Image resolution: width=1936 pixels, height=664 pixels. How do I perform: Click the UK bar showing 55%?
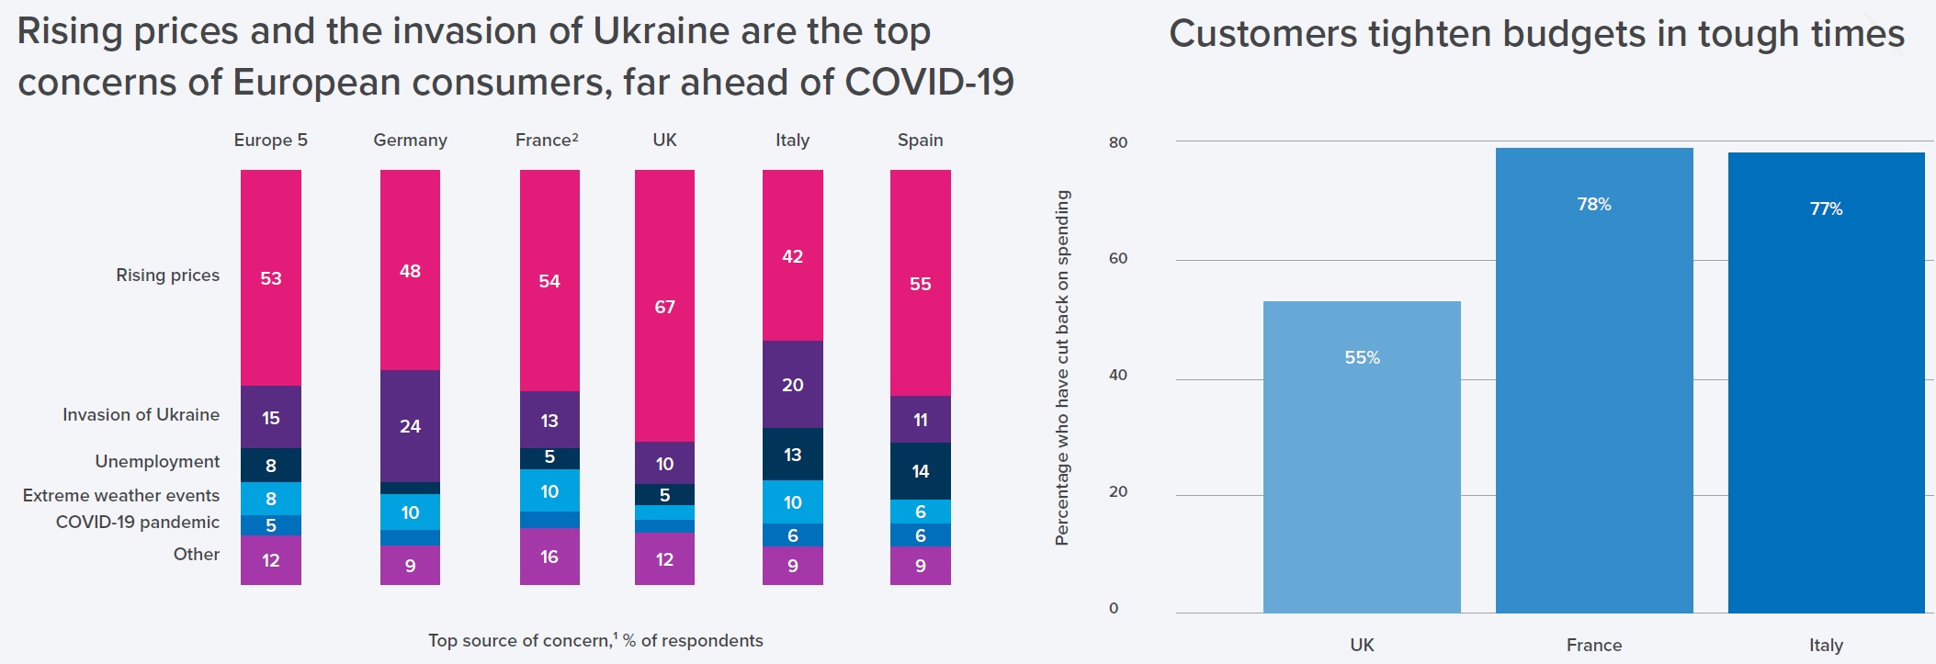(1362, 456)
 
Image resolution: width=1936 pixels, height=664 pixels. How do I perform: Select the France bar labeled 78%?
(1594, 380)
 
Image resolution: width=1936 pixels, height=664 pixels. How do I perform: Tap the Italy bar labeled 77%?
(1826, 382)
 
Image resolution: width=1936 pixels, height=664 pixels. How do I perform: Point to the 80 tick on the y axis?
(1118, 142)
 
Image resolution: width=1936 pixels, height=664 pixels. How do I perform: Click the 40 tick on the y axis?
(1118, 375)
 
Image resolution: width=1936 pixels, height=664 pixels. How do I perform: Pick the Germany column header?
(410, 141)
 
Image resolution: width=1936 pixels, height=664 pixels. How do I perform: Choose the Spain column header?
(920, 141)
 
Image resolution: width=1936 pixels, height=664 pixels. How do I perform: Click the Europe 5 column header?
(270, 141)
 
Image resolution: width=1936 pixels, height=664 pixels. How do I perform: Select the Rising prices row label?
(167, 276)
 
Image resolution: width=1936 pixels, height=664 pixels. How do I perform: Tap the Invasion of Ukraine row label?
(141, 415)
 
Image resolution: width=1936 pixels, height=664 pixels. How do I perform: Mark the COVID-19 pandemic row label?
(138, 523)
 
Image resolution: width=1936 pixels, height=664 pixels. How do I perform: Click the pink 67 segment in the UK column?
(664, 306)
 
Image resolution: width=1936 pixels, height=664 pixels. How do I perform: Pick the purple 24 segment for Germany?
(410, 426)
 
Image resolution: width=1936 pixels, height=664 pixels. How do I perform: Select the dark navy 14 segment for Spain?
(920, 471)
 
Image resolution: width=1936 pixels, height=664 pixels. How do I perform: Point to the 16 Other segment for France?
(549, 557)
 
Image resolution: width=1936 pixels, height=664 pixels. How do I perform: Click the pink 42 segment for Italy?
(792, 256)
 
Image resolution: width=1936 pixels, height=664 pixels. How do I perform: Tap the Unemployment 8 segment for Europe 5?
(270, 466)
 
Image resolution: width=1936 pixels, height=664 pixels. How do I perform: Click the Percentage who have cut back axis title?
(1063, 367)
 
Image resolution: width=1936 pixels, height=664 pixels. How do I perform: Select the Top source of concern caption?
(595, 641)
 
